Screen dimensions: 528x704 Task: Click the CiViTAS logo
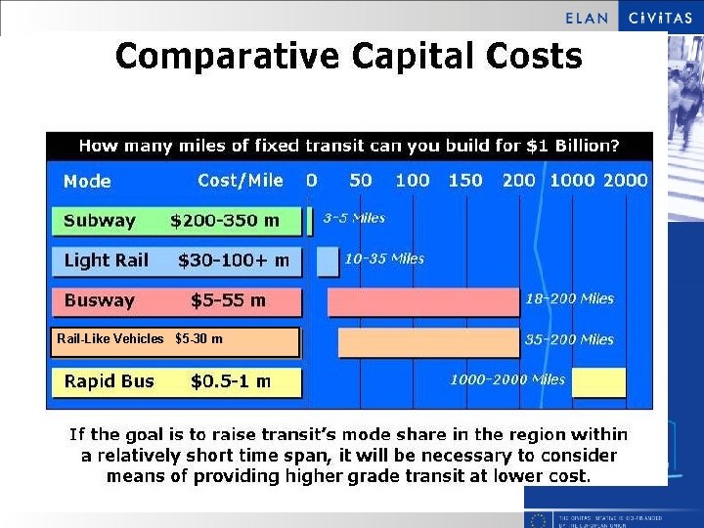click(660, 17)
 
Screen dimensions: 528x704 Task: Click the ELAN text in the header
click(587, 18)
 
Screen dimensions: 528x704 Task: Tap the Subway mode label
click(99, 221)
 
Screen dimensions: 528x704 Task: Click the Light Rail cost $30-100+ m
click(234, 260)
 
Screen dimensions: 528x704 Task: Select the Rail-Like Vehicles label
click(110, 339)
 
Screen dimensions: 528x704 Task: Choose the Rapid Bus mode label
click(109, 381)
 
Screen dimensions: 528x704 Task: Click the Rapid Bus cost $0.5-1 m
click(231, 381)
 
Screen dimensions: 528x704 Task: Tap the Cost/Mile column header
click(240, 180)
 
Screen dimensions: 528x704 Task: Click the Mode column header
click(87, 181)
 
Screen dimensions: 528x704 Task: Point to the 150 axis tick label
click(464, 180)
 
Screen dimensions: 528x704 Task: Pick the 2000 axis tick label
click(626, 180)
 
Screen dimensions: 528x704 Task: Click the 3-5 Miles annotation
click(354, 218)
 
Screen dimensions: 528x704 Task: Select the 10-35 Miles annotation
click(384, 259)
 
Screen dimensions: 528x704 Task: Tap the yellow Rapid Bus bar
click(598, 382)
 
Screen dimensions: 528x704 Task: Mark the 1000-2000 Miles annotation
click(507, 379)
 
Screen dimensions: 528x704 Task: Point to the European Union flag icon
click(537, 519)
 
